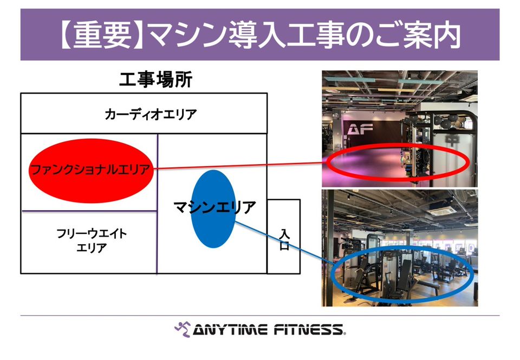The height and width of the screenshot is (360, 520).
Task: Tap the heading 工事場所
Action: click(x=155, y=80)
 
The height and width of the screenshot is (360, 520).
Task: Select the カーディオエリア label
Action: click(x=151, y=114)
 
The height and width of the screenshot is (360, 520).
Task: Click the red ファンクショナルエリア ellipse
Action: click(x=91, y=171)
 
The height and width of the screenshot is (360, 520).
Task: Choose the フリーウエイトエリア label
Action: click(x=92, y=240)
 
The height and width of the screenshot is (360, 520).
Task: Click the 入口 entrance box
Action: click(x=284, y=237)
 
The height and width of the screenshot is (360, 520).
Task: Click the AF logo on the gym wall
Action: click(x=360, y=129)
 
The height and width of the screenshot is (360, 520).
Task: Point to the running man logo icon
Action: click(x=183, y=329)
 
